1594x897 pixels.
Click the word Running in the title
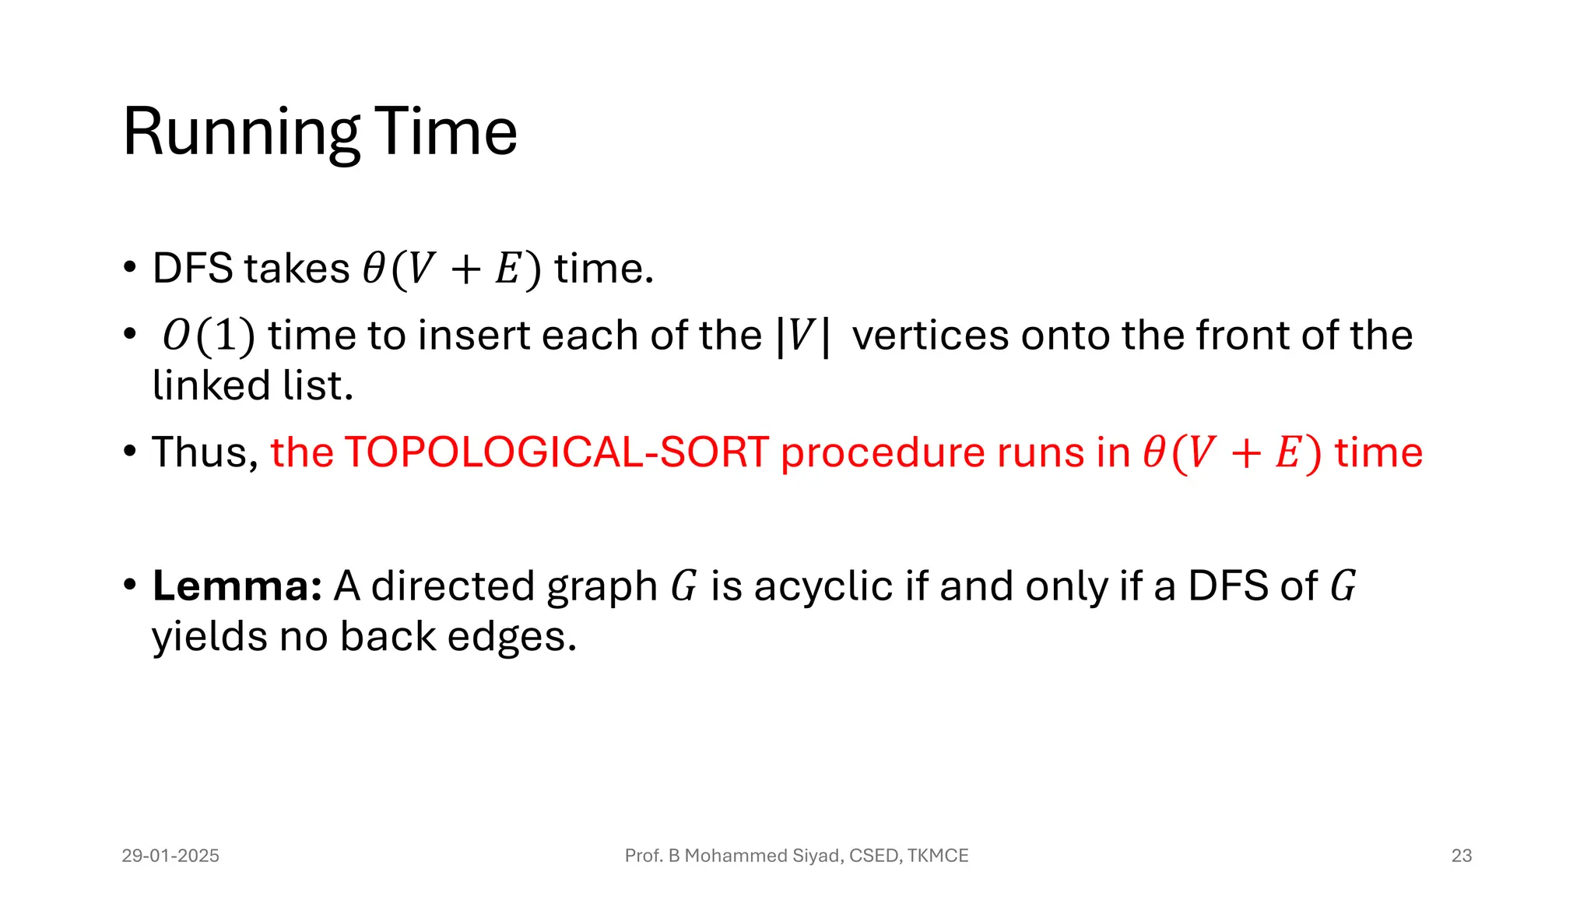click(x=241, y=132)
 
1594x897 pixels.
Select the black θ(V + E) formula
click(x=451, y=269)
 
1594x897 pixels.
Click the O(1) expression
click(x=208, y=336)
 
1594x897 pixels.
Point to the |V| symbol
click(x=802, y=336)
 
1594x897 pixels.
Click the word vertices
click(x=930, y=336)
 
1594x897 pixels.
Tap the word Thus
click(x=204, y=452)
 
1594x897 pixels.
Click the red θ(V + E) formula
click(x=1232, y=453)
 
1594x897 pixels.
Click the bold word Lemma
click(x=237, y=586)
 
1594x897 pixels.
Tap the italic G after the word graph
click(x=683, y=586)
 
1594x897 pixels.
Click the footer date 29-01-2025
click(x=170, y=856)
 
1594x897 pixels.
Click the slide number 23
click(x=1461, y=856)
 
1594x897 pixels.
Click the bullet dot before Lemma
click(x=130, y=585)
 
